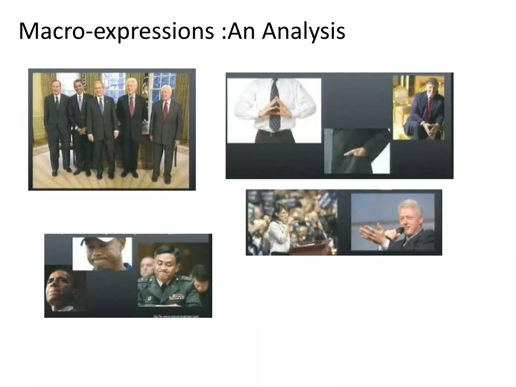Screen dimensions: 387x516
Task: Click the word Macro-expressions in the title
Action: pyautogui.click(x=116, y=31)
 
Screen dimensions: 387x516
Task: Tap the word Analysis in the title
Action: pyautogui.click(x=303, y=31)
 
